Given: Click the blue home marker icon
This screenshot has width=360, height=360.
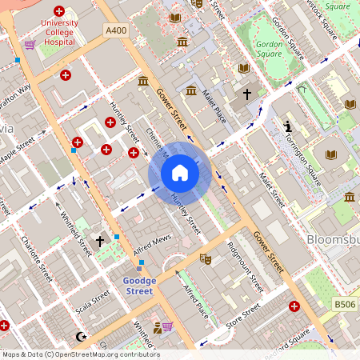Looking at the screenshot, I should (x=180, y=172).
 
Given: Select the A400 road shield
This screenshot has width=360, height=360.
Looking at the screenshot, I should (x=115, y=30).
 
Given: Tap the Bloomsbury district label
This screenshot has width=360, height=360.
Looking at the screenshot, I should (x=333, y=239).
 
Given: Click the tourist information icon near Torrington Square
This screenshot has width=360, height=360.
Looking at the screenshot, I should (x=288, y=127).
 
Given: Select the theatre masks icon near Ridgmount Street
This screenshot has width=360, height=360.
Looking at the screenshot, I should (x=205, y=259).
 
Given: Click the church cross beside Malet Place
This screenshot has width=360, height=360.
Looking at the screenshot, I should (x=247, y=94).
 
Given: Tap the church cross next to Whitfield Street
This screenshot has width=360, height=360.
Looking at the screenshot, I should (x=100, y=240).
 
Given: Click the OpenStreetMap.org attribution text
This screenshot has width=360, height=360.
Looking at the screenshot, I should (x=104, y=354).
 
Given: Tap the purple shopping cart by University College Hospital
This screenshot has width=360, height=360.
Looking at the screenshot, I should (x=30, y=44).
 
